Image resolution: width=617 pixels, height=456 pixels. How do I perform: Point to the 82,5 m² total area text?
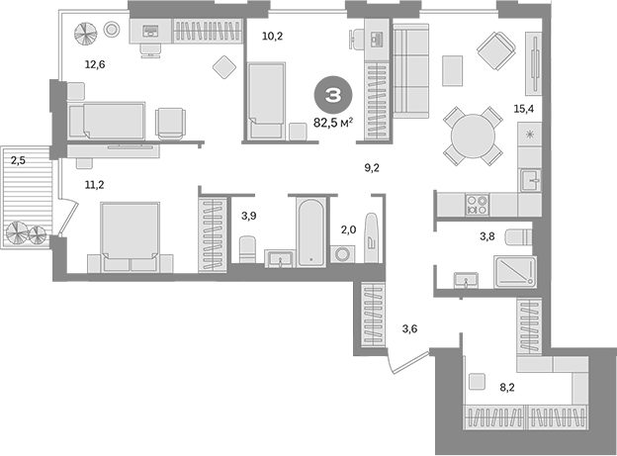coord(334,123)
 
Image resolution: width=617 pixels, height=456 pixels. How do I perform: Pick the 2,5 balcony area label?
coord(19,158)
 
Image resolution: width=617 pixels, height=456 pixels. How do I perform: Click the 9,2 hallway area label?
coord(373,168)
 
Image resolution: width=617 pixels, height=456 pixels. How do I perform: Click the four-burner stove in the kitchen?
coord(478,205)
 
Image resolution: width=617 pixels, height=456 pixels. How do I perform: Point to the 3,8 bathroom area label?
coord(486,237)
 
